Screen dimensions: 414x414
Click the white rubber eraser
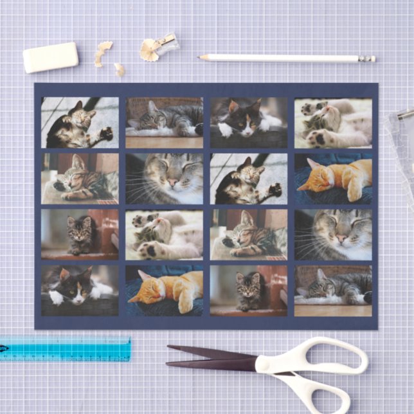(50, 57)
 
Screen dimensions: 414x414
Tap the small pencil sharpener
(165, 43)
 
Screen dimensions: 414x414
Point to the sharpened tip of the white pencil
(201, 57)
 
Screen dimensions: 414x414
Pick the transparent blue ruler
(64, 348)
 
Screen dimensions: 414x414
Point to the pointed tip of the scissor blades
(168, 348)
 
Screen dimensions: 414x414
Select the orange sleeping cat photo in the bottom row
(165, 291)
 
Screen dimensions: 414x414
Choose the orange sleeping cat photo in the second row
(333, 178)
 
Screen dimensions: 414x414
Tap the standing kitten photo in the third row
(80, 234)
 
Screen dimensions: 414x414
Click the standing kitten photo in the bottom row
(248, 291)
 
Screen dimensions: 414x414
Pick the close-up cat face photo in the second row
(165, 178)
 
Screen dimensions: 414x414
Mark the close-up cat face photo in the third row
(333, 234)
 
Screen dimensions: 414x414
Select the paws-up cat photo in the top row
(333, 123)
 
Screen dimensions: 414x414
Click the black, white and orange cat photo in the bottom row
(80, 291)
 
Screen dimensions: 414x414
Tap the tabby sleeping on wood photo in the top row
(165, 123)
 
